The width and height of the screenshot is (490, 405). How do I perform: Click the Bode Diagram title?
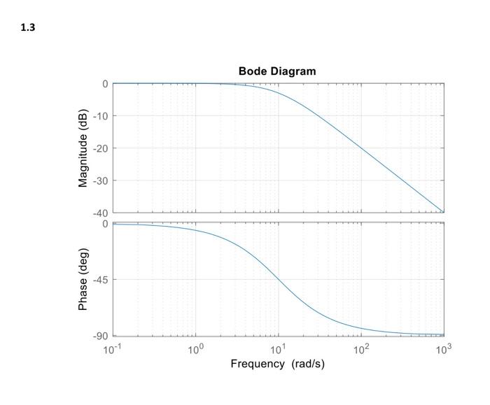point(277,71)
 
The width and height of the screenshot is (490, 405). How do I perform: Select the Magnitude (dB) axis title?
point(84,148)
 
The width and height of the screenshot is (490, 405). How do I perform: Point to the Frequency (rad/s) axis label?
point(277,364)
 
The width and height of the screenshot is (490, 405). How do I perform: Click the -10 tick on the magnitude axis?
point(100,116)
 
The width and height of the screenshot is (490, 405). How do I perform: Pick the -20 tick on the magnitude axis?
point(100,148)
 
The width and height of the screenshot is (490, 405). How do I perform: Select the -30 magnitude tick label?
point(100,180)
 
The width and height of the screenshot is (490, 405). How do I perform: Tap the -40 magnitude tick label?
point(100,213)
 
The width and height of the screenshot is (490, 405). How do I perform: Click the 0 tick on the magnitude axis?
point(105,84)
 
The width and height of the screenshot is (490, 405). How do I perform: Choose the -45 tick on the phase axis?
point(100,280)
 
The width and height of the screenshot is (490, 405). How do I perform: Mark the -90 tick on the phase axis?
point(100,336)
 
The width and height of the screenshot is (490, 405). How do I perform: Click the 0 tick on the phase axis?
point(105,224)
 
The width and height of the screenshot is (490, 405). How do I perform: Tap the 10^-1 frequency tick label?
point(111,348)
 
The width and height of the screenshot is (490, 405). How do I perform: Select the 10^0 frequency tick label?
point(195,348)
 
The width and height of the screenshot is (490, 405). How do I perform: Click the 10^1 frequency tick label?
point(278,348)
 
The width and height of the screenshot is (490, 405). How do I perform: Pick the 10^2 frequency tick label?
point(360,348)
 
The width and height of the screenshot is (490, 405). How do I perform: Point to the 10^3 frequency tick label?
point(443,348)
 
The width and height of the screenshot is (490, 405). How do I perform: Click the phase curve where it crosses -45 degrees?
point(279,280)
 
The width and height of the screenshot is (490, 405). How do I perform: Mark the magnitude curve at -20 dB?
point(361,148)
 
